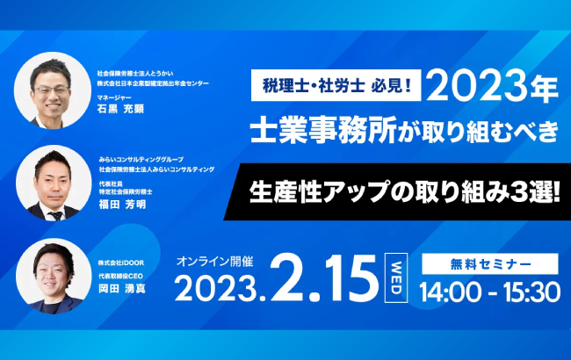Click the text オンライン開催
[211, 261]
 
